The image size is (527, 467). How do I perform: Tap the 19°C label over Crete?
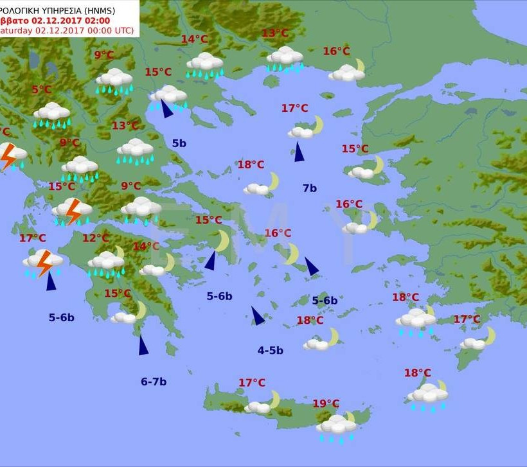click(326, 403)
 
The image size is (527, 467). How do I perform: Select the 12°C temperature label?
click(96, 238)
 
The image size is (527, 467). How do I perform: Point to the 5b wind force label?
click(179, 143)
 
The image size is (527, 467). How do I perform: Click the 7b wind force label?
click(309, 188)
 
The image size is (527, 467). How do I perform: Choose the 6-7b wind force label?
click(154, 382)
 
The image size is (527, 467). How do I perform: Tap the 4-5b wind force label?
click(270, 350)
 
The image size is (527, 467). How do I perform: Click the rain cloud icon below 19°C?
click(336, 426)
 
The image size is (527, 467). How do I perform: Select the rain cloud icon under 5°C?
click(51, 114)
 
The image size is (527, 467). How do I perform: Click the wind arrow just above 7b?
click(298, 152)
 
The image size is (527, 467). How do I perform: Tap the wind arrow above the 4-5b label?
click(257, 315)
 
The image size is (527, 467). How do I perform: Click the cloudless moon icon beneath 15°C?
click(222, 241)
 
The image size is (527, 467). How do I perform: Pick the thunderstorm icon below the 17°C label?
click(44, 262)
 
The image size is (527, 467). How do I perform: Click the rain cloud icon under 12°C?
click(105, 262)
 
